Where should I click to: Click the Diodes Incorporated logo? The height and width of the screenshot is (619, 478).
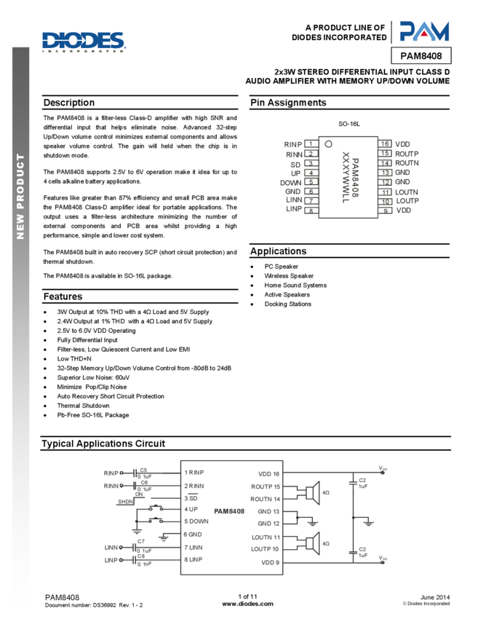pos(84,42)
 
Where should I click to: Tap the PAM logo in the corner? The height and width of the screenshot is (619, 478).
pos(424,31)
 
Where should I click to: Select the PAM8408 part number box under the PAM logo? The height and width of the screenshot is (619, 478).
pos(421,56)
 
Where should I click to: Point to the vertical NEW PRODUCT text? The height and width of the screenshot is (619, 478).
pos(20,196)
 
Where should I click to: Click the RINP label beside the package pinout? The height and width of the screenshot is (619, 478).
pos(293,145)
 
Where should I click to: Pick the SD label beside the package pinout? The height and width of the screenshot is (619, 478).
pos(296,164)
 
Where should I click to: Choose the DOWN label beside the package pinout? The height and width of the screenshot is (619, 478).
pos(291,182)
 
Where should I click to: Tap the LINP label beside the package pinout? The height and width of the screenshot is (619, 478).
pos(294,209)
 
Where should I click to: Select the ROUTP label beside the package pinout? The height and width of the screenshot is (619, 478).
pos(407,154)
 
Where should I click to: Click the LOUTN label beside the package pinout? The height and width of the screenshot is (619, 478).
pos(407,192)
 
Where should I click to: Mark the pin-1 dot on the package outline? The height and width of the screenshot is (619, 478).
pos(328,143)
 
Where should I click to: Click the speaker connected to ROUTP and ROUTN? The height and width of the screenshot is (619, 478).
pos(313,493)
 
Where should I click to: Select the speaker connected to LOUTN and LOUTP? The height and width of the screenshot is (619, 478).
pos(313,543)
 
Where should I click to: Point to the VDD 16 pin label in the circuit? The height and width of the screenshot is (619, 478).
pos(268,473)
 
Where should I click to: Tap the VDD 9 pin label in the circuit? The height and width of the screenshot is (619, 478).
pos(270,562)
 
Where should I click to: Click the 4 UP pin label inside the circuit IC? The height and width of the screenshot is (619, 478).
pos(191,509)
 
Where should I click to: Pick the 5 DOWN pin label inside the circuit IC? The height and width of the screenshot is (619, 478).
pos(197,521)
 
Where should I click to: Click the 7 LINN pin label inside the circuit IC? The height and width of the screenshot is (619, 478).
pos(194,546)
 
